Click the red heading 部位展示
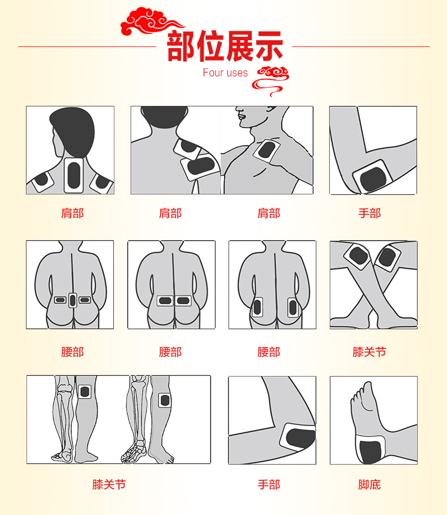(x=225, y=46)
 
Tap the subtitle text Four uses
(x=225, y=73)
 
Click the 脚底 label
(x=369, y=484)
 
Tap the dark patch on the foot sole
(x=371, y=452)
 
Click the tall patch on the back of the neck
(x=74, y=176)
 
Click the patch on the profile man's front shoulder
(x=267, y=151)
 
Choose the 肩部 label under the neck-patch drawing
(x=72, y=213)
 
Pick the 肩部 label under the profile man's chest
(x=269, y=213)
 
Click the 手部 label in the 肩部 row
(x=369, y=213)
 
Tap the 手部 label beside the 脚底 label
(x=269, y=484)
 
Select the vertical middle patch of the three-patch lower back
(x=73, y=300)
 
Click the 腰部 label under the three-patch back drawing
(x=72, y=352)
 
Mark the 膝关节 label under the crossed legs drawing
(x=369, y=352)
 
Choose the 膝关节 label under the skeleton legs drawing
(x=109, y=484)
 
